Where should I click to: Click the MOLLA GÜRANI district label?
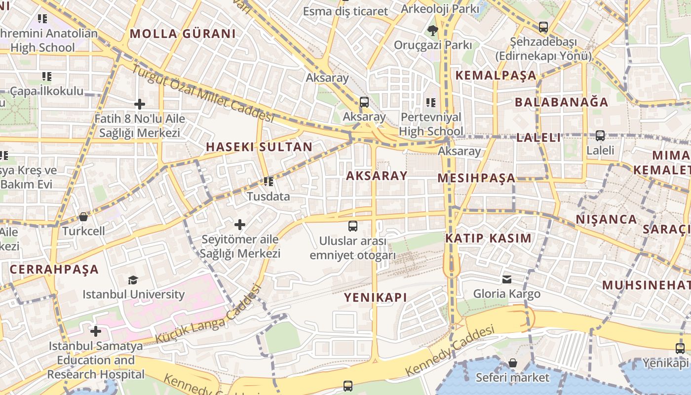183,34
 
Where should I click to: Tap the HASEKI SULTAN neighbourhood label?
259,147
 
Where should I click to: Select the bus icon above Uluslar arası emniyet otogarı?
352,226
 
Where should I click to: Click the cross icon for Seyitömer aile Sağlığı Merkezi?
240,225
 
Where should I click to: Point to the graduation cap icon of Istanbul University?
133,280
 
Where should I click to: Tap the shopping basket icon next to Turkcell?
83,217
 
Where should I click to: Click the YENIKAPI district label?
376,297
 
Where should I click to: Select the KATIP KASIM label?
489,238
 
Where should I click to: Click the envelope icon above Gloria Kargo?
507,279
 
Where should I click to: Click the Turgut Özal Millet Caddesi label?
202,94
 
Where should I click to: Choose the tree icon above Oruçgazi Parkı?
433,31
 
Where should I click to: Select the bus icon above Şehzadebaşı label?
543,27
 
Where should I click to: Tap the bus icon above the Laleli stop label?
600,135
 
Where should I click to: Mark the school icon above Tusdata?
268,182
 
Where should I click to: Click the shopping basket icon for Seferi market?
513,363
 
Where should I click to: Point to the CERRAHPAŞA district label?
54,270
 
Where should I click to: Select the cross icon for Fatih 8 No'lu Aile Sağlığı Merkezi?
140,104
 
